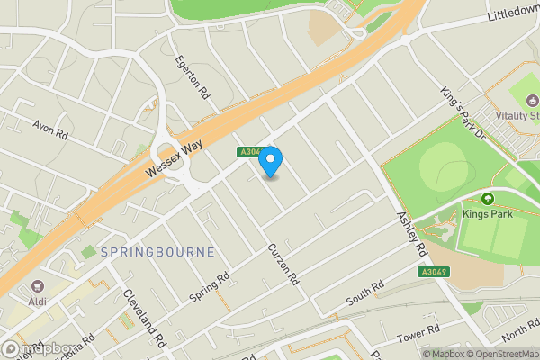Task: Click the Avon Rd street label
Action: point(50,130)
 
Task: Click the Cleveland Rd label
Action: point(146,318)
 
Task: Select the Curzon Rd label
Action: point(282,265)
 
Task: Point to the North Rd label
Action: point(521,333)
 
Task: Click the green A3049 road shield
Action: point(434,272)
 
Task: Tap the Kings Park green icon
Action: point(488,199)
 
